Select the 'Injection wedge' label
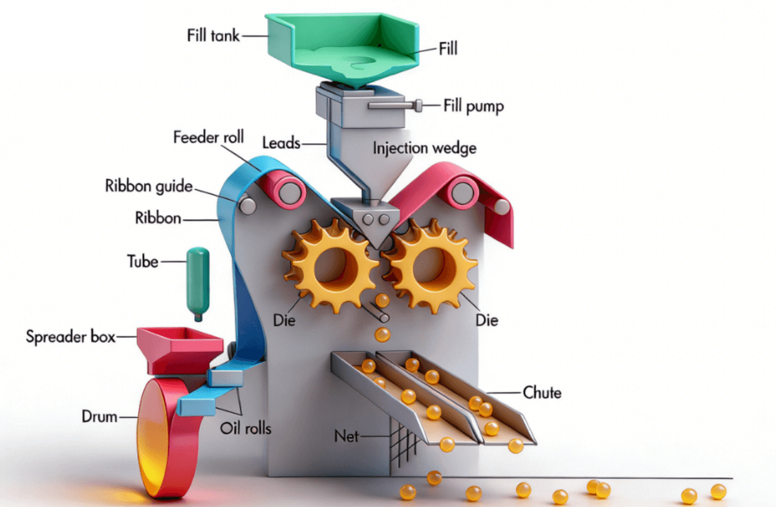coord(424,148)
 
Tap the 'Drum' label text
coord(99,416)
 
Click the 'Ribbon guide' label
coord(149,186)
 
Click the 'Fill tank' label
coord(213,34)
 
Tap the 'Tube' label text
coord(142,262)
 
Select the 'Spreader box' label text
coord(70,337)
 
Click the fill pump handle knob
coord(418,105)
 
